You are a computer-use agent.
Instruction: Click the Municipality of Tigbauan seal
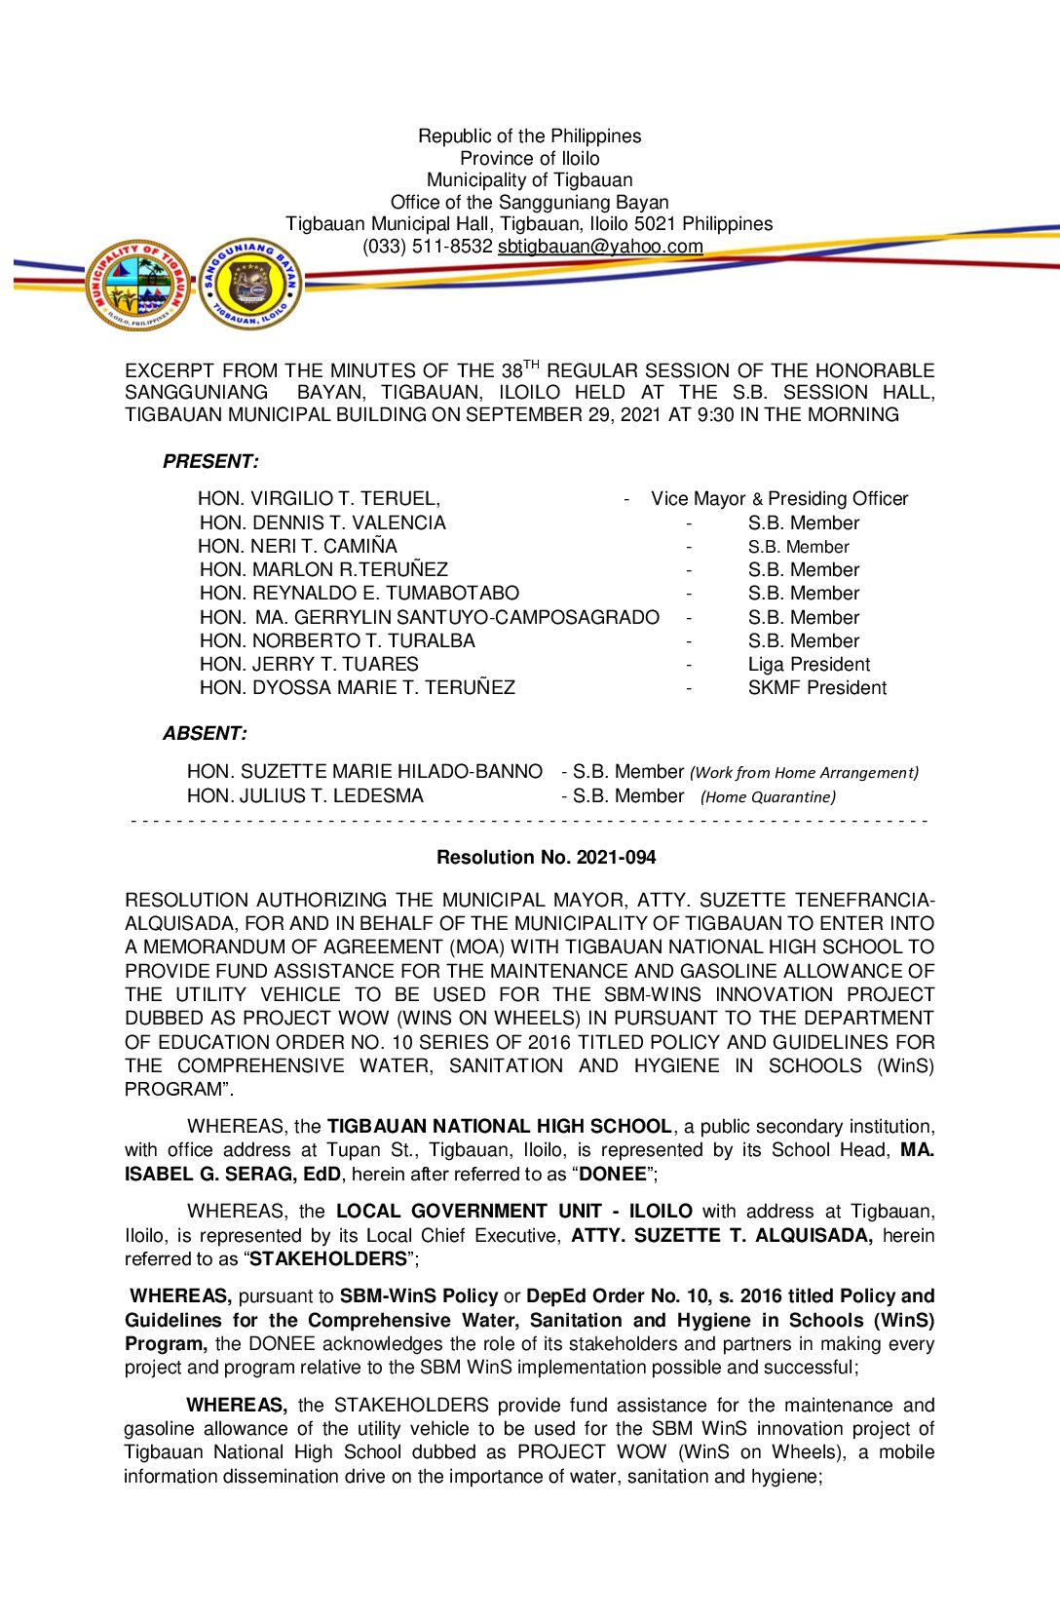[x=138, y=286]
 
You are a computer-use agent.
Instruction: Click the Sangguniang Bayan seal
[x=250, y=284]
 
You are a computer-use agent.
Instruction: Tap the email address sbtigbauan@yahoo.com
[x=600, y=247]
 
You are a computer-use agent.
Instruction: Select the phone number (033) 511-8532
[x=428, y=247]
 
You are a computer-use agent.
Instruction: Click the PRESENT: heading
[x=210, y=462]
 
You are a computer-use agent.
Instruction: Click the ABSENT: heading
[x=205, y=734]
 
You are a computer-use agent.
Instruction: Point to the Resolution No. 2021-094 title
[x=546, y=858]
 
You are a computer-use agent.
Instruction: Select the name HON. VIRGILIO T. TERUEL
[x=319, y=499]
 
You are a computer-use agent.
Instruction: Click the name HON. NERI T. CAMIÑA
[x=297, y=547]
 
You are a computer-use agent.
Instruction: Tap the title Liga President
[x=809, y=665]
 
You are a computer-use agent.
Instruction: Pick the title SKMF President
[x=816, y=688]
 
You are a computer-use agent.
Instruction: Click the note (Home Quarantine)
[x=768, y=797]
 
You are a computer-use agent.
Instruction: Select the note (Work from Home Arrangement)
[x=804, y=773]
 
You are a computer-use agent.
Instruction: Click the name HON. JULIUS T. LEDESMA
[x=305, y=796]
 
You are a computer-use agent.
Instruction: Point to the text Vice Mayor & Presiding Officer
[x=779, y=499]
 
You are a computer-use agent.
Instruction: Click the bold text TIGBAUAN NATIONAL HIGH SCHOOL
[x=499, y=1127]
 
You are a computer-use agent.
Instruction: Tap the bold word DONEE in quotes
[x=613, y=1175]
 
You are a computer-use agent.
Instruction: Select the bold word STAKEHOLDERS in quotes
[x=328, y=1259]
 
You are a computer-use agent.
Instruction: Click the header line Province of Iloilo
[x=530, y=159]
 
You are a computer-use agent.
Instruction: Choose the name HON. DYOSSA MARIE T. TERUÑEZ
[x=357, y=688]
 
